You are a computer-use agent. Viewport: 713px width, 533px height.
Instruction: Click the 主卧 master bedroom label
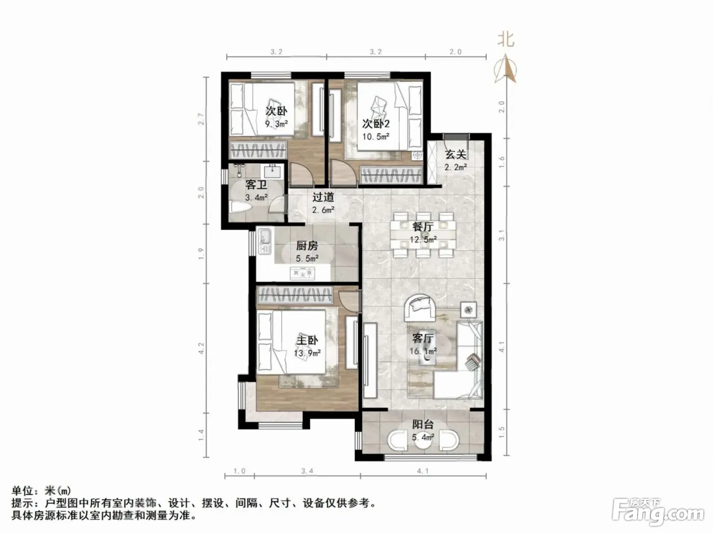point(307,340)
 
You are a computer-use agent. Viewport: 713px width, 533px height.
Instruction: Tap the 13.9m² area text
point(307,353)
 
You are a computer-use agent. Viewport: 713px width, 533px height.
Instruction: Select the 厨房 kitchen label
point(307,246)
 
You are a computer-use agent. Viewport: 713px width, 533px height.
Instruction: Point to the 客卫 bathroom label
point(256,185)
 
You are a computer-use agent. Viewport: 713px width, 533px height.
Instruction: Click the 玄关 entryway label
point(456,155)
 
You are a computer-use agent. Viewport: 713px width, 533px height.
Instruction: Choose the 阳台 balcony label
point(423,424)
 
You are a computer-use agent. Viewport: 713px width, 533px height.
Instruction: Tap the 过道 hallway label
point(323,197)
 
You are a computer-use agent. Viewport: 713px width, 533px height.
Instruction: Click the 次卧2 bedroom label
point(376,124)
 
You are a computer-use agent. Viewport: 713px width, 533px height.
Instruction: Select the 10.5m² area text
point(376,136)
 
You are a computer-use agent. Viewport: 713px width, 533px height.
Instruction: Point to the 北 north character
point(506,40)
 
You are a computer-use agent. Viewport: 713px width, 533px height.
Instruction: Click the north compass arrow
point(505,69)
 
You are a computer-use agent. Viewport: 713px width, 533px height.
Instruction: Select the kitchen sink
point(264,241)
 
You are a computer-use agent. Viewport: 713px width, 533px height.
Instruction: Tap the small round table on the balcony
point(423,442)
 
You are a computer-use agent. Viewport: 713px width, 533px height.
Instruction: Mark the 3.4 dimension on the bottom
point(307,471)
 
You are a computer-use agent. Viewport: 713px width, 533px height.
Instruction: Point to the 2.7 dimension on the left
point(201,119)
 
